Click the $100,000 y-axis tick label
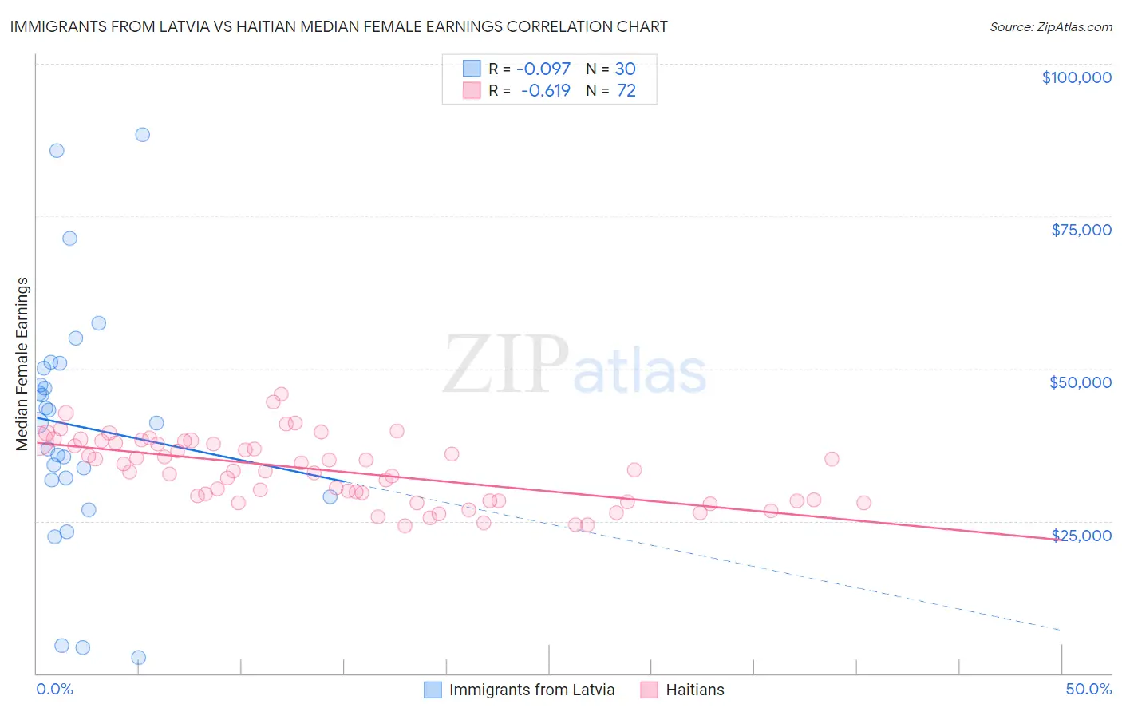coord(1077,77)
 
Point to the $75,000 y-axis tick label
coord(1081,230)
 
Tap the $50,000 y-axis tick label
coord(1081,382)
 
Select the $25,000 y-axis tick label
coord(1081,535)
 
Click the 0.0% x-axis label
coord(54,689)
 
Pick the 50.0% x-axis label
coord(1088,689)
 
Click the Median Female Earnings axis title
coord(22,364)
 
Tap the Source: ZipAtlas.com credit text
coord(1050,27)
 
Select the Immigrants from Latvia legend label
coord(531,690)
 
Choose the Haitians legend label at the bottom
coord(695,690)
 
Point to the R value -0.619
coord(547,91)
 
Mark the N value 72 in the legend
coord(626,91)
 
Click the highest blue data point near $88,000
coord(142,134)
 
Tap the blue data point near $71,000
coord(69,238)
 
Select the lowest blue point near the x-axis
coord(138,658)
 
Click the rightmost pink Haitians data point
coord(863,503)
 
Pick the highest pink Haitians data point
coord(281,394)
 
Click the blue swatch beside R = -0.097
coord(472,69)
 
